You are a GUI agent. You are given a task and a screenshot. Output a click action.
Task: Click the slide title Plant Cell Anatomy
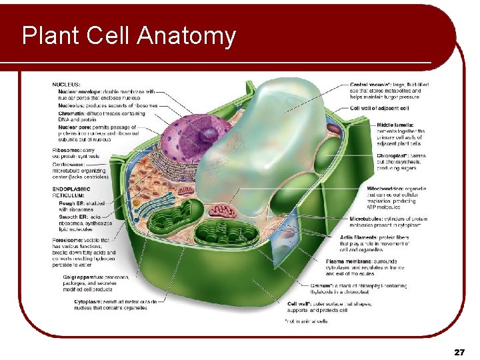click(129, 35)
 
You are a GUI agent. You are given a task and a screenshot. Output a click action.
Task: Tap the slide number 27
click(458, 351)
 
